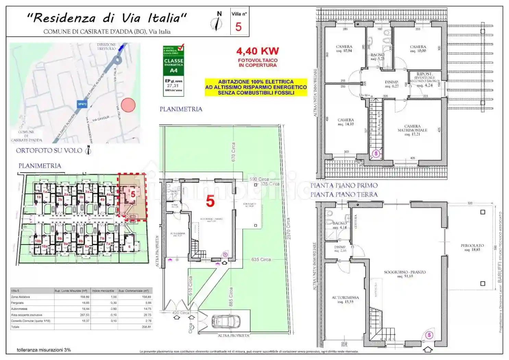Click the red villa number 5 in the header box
tap(239, 27)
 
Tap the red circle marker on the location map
tap(129, 105)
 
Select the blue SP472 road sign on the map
tap(82, 104)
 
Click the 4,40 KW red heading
tap(258, 51)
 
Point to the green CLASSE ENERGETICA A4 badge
tap(173, 65)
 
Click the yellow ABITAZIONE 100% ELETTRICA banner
tap(256, 87)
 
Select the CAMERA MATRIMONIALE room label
tap(412, 130)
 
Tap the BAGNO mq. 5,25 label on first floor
tap(377, 57)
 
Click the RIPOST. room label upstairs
tap(424, 74)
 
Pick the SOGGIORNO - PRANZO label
tap(405, 274)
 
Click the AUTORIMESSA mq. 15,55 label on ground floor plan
tap(345, 299)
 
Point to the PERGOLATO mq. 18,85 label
tap(472, 247)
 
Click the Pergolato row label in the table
tap(18, 303)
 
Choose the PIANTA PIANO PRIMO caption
tap(344, 185)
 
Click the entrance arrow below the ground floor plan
tap(428, 349)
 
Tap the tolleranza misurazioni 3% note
tap(44, 350)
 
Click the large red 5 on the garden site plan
tap(210, 202)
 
